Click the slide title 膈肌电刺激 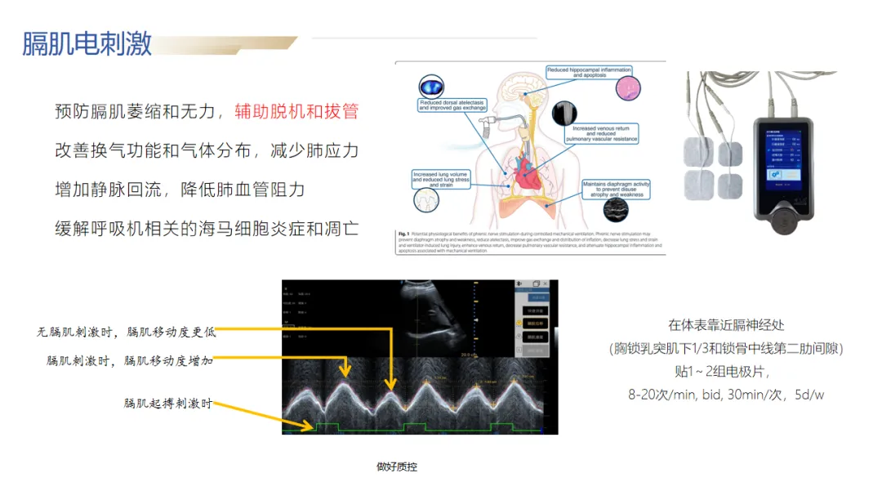(87, 44)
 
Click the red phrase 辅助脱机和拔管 (296, 112)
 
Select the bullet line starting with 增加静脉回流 (179, 190)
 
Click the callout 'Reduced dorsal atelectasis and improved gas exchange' (452, 105)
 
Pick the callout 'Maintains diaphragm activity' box (617, 189)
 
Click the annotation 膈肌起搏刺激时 (167, 404)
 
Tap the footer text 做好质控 (397, 467)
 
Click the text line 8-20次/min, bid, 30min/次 (725, 395)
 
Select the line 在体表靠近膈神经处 (725, 324)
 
